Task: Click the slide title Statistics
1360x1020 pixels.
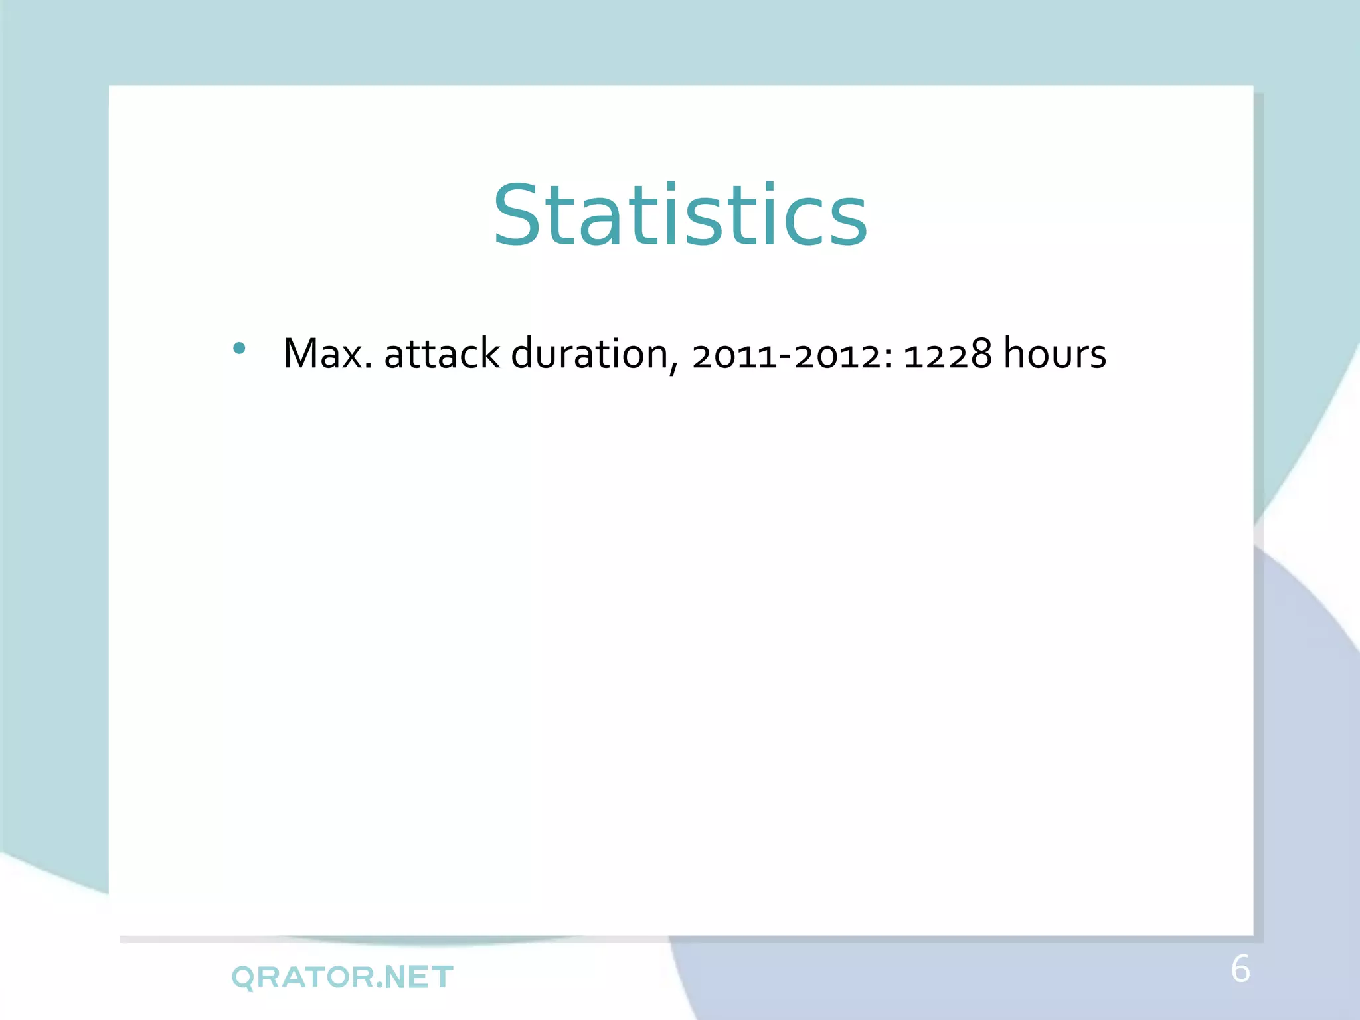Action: (680, 216)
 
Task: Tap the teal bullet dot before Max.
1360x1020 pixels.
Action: (240, 348)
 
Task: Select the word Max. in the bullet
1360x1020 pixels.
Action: (327, 353)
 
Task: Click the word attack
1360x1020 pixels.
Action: (442, 353)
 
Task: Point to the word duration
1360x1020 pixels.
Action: (590, 353)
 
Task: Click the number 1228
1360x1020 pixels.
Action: (948, 354)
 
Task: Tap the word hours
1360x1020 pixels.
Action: (1055, 353)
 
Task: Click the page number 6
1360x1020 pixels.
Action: (1240, 969)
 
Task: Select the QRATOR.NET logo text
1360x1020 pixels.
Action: (342, 977)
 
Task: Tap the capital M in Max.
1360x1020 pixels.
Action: (301, 353)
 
